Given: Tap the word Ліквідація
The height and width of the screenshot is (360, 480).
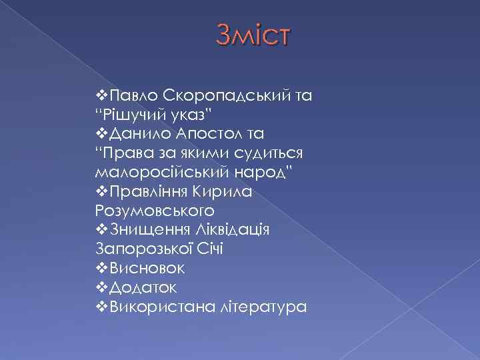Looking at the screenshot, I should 230,230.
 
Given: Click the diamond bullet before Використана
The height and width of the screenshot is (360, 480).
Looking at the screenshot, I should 101,307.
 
